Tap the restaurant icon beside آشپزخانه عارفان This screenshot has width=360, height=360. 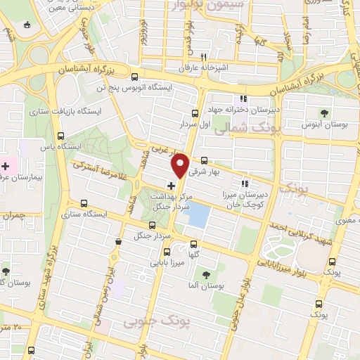pyautogui.click(x=203, y=57)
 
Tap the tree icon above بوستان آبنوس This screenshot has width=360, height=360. pyautogui.click(x=324, y=112)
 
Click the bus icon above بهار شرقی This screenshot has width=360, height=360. pyautogui.click(x=204, y=160)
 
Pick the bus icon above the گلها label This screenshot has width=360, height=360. pyautogui.click(x=194, y=245)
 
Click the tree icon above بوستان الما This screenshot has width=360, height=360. pyautogui.click(x=205, y=276)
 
